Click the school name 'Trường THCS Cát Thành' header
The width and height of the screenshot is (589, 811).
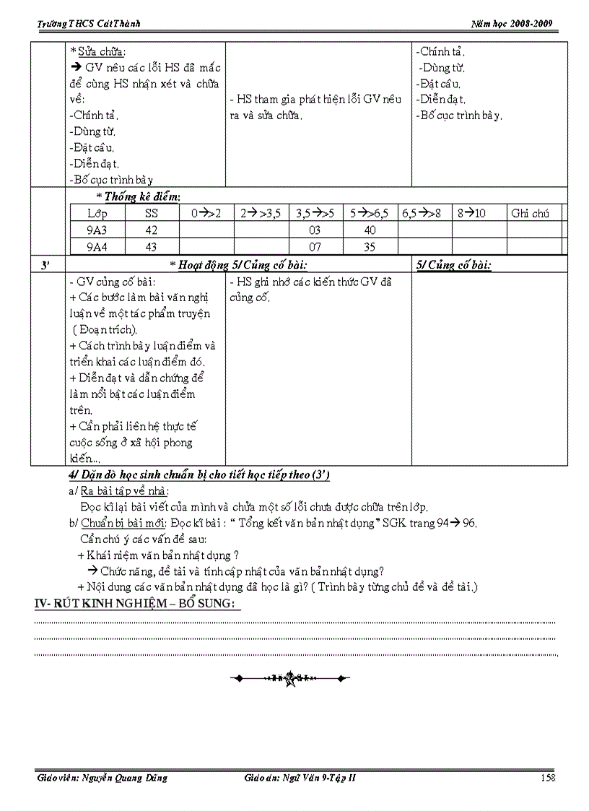89,24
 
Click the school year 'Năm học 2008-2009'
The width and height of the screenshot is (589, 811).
512,24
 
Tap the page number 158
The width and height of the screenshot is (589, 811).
547,778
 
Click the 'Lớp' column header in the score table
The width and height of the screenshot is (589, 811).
97,213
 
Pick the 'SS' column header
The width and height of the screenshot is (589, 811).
151,213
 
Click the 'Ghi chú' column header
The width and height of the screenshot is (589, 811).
530,213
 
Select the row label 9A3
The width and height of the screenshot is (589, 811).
97,230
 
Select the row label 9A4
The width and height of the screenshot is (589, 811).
97,247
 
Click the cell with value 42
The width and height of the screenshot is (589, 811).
151,230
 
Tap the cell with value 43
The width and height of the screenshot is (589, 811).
151,247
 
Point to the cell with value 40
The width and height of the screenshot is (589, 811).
369,230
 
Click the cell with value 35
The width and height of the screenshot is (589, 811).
369,247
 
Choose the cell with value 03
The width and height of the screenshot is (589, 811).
315,230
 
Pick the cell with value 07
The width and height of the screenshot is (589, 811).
315,247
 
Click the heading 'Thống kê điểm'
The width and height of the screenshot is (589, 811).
141,196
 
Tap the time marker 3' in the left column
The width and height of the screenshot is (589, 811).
45,265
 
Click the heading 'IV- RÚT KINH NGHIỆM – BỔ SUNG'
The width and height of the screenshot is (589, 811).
137,604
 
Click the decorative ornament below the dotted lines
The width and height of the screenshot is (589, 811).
290,678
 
